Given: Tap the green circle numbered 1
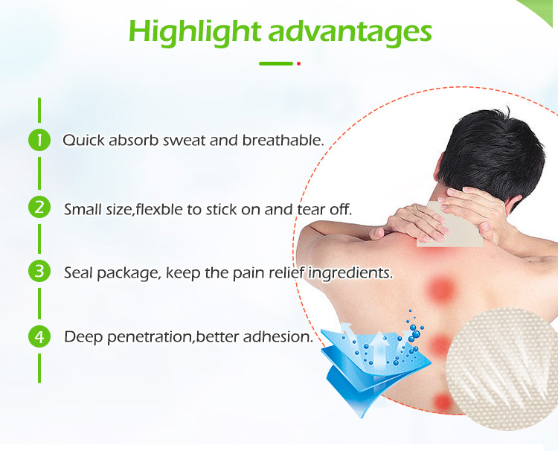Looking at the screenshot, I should [x=39, y=140].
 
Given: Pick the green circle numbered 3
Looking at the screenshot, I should [x=39, y=271].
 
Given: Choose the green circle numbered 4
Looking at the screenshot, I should [x=39, y=336].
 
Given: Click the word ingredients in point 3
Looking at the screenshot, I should [x=350, y=274].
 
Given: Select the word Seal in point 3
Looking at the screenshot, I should [x=78, y=273].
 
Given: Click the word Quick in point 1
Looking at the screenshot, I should [x=80, y=140].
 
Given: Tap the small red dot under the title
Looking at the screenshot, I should [x=298, y=64].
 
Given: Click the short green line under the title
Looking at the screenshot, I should [x=275, y=64].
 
